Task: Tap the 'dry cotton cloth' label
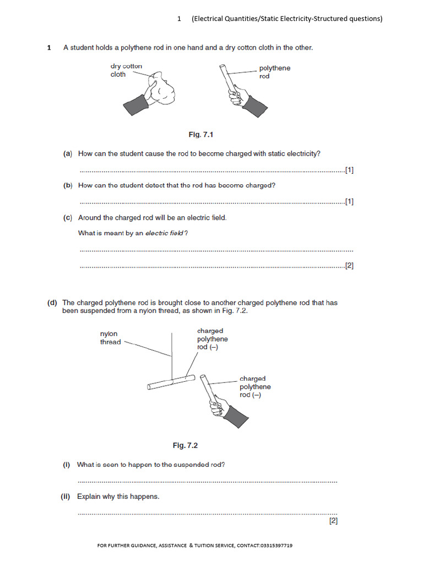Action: (x=126, y=70)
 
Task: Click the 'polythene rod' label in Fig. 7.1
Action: (x=274, y=72)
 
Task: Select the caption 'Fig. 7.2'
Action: (x=185, y=445)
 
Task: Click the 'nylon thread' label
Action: (x=110, y=338)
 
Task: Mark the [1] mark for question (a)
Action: (x=349, y=170)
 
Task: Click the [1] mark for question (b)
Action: (x=349, y=201)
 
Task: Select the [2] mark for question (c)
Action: (x=349, y=265)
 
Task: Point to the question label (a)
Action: (x=68, y=154)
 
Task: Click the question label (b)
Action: (x=68, y=185)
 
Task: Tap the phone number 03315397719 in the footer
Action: (x=273, y=546)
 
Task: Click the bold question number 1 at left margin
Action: (x=49, y=48)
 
